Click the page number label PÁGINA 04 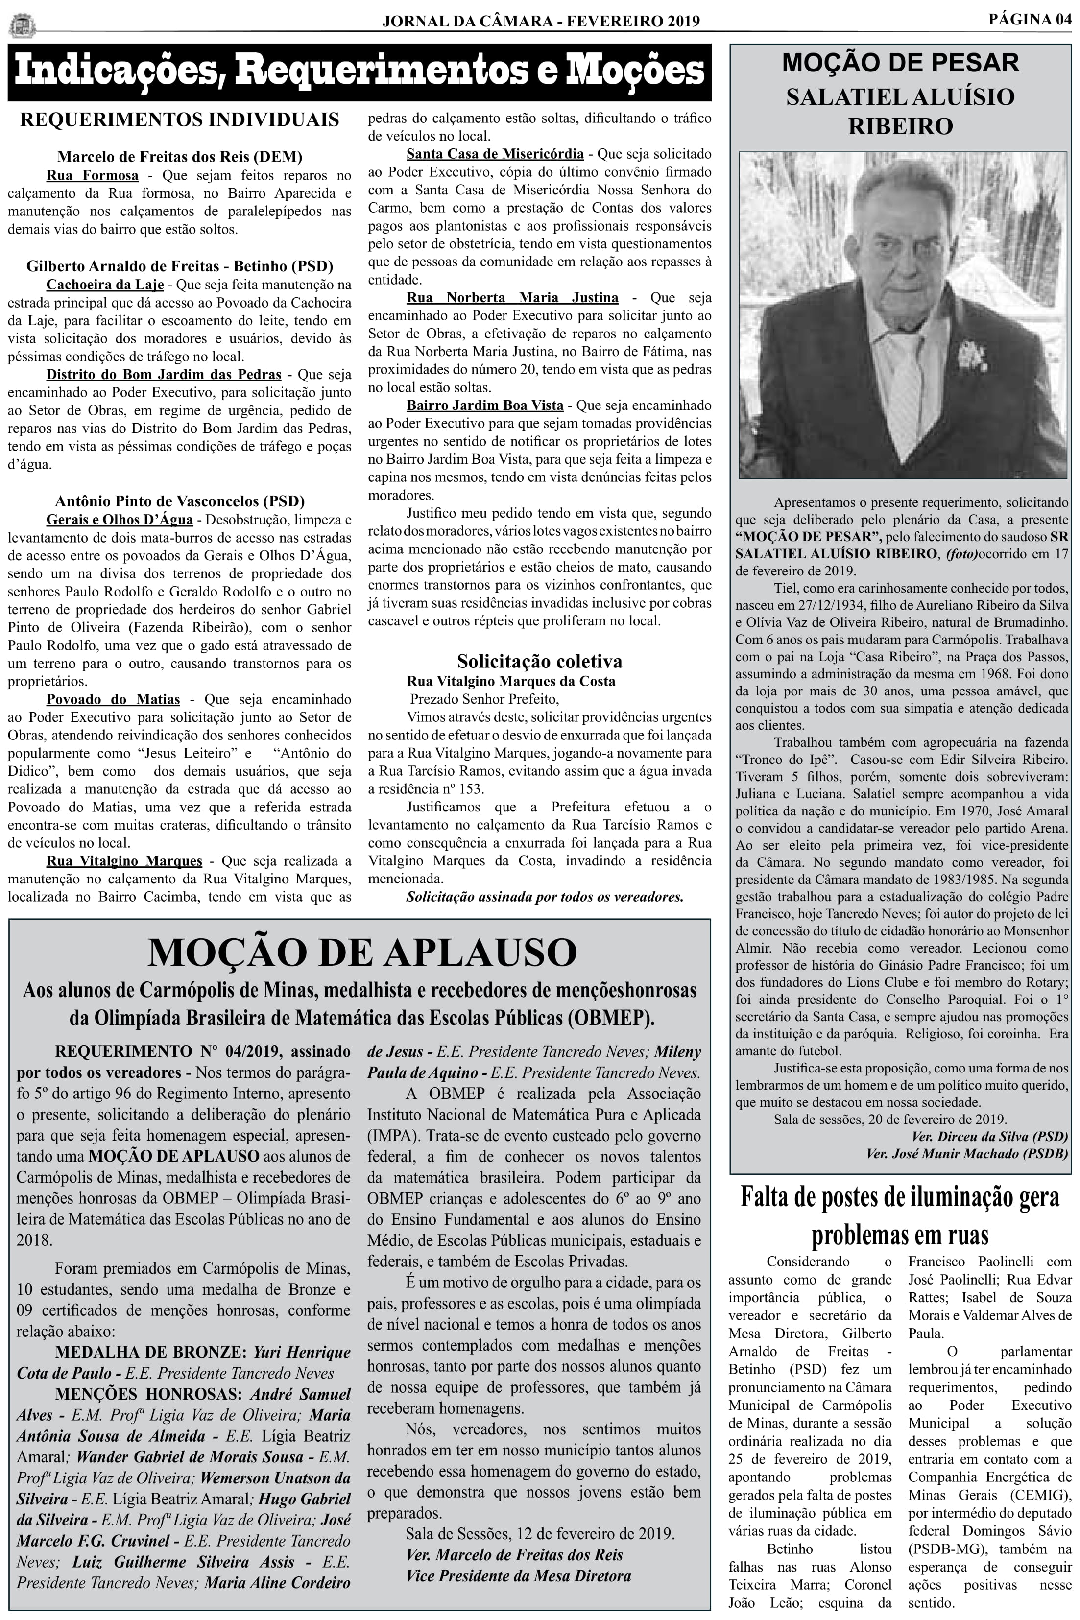tap(1030, 20)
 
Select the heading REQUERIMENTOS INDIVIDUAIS tap(180, 120)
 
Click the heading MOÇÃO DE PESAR tap(900, 63)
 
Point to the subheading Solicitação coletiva tap(539, 662)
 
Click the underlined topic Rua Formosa tap(92, 175)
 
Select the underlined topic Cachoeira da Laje tap(105, 285)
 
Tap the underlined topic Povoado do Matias tap(113, 699)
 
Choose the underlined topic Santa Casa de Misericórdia tap(495, 154)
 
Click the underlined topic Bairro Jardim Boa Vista tap(484, 405)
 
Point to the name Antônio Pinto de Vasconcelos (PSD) tap(180, 501)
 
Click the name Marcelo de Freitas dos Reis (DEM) tap(180, 157)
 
